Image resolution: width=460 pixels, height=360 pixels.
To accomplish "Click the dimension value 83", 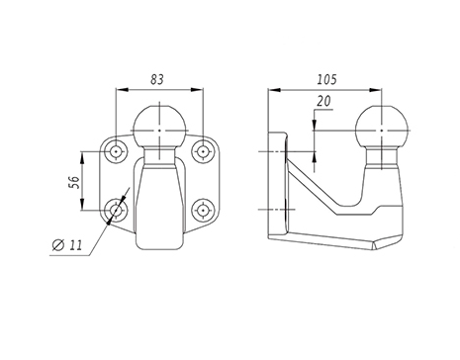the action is [x=157, y=79].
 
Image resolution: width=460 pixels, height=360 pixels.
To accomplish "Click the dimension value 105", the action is [x=327, y=79].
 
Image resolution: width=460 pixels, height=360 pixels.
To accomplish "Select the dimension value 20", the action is [x=323, y=101].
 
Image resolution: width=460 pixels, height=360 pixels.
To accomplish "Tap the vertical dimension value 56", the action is [x=75, y=182].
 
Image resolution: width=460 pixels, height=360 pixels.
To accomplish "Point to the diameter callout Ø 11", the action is [x=67, y=245].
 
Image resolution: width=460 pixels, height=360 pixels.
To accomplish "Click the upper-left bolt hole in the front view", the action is [x=116, y=151].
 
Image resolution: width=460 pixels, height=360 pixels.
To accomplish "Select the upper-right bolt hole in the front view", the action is [x=203, y=151].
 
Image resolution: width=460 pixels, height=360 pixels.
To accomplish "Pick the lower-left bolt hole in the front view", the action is [x=116, y=210].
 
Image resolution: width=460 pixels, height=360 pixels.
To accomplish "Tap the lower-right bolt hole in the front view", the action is [x=203, y=210].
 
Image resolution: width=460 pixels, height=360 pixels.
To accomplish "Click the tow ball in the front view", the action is [x=159, y=127].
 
